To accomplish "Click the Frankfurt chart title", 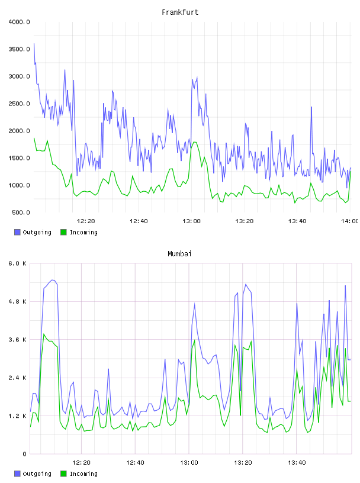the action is [180, 12].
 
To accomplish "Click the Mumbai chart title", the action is [179, 253].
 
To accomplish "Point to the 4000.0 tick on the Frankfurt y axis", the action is [19, 22].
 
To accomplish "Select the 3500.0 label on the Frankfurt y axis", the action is [19, 49].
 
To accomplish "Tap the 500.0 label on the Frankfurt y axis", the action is [21, 212].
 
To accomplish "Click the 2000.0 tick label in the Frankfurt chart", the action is [19, 131].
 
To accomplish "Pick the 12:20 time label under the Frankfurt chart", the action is [86, 221].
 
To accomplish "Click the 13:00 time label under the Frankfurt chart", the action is [191, 221].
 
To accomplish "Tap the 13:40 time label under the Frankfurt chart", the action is [297, 221].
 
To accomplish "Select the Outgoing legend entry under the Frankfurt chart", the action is [33, 232].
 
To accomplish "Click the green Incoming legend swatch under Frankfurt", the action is [63, 232].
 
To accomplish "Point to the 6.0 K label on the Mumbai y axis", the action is [17, 263].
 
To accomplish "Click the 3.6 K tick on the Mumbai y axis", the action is [17, 340].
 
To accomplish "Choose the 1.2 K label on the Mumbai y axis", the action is [17, 416].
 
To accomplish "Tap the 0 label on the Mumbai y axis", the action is [24, 454].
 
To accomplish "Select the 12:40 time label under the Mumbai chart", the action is [135, 462].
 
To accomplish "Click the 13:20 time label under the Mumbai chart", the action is [243, 462].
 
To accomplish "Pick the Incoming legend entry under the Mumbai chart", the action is [79, 474].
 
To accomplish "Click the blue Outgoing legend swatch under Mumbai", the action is [17, 474].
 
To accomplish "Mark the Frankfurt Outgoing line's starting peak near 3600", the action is [34, 44].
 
